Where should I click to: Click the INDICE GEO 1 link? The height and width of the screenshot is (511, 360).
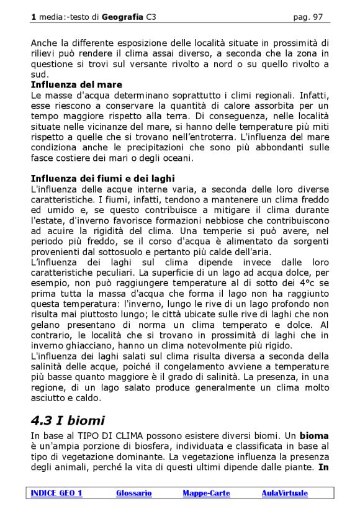[56, 493]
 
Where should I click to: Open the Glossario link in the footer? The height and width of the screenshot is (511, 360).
[133, 493]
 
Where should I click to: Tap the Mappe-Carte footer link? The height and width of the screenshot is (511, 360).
[206, 493]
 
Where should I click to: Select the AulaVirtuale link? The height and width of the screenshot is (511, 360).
[284, 493]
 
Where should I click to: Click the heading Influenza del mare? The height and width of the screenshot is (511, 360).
[76, 84]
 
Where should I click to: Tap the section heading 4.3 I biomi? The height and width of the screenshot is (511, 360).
[68, 420]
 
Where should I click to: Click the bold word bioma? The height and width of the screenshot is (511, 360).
[314, 436]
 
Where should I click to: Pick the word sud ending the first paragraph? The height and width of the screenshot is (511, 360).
[38, 74]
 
